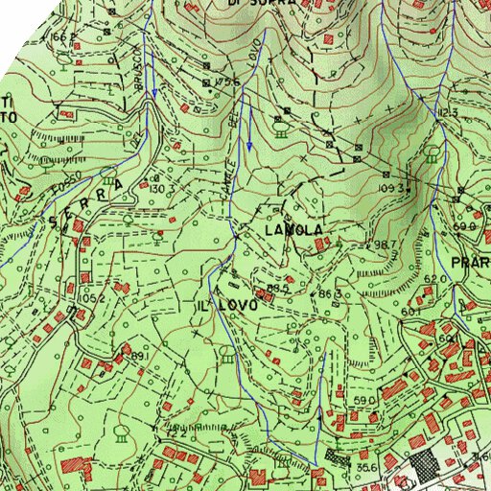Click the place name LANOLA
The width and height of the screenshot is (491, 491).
tap(294, 230)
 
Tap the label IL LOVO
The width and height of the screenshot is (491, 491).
tap(226, 305)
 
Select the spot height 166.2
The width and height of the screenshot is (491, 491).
tap(63, 36)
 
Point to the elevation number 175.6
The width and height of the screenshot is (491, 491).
tap(227, 82)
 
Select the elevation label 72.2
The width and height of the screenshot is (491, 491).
tap(176, 433)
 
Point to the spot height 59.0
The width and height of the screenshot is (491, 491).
tap(363, 400)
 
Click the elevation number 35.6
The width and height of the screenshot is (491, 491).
tap(364, 467)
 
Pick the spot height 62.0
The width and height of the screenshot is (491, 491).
tap(435, 278)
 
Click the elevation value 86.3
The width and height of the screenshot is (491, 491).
tap(331, 292)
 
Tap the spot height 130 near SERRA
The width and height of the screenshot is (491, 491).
tap(157, 188)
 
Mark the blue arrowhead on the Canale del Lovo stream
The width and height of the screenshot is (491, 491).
tap(249, 147)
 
